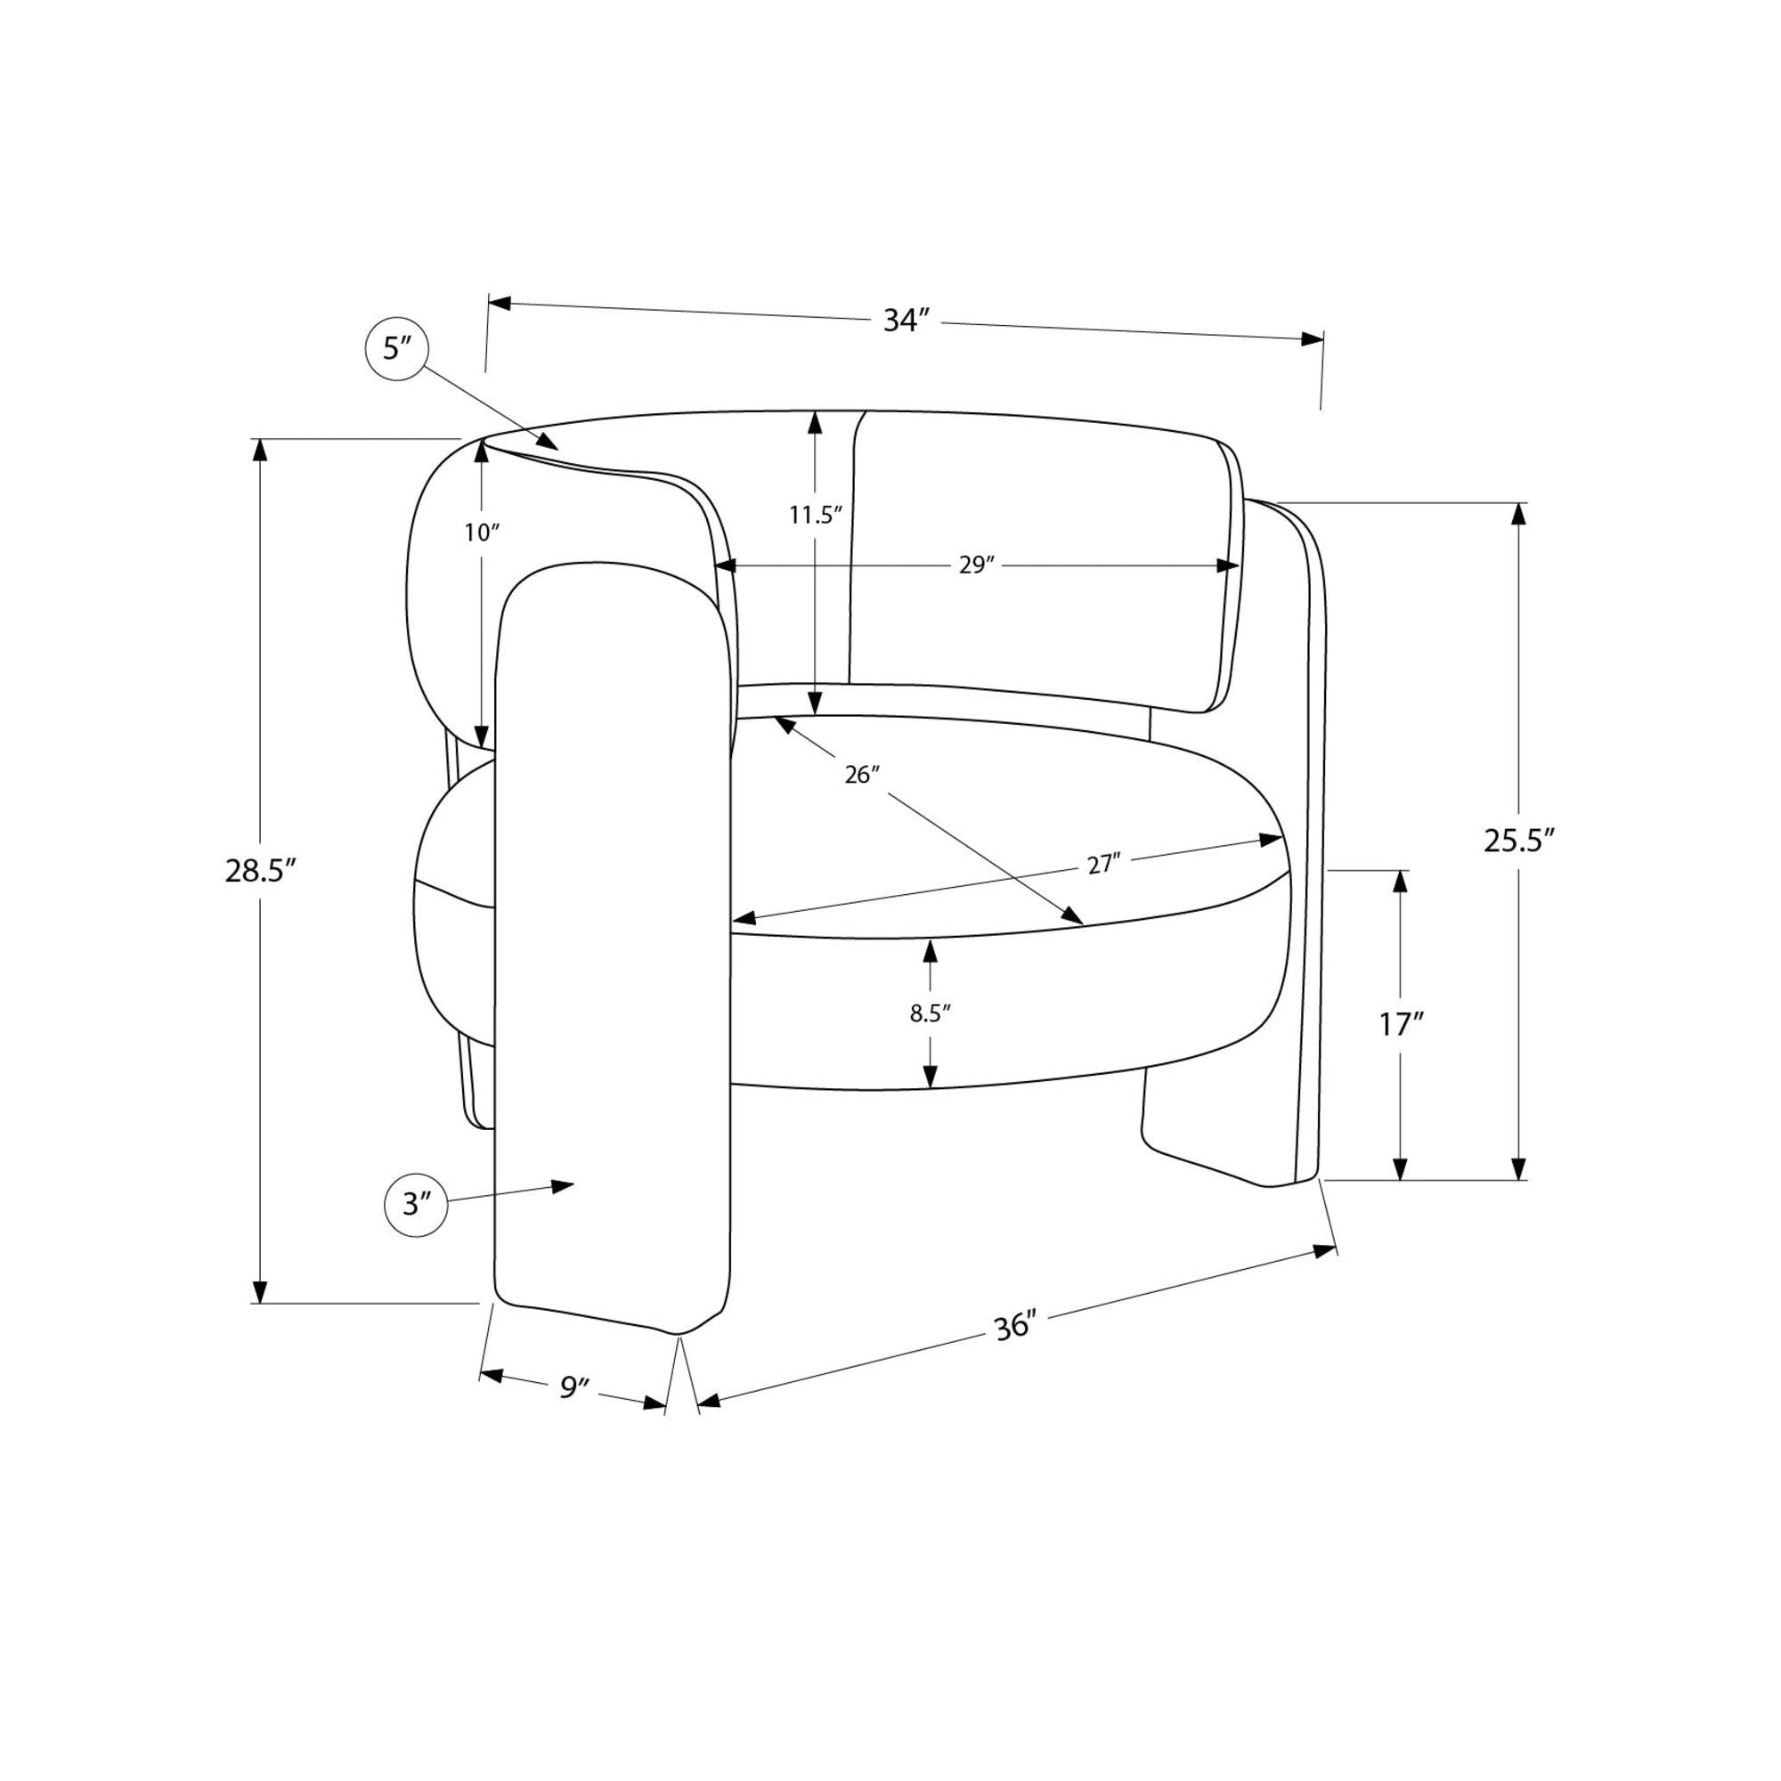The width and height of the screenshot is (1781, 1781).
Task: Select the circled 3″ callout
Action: point(416,1205)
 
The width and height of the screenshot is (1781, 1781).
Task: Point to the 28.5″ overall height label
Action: point(261,870)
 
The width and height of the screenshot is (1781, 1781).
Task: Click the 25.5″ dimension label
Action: point(1520,840)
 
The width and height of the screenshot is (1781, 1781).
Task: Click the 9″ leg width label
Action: point(574,1387)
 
